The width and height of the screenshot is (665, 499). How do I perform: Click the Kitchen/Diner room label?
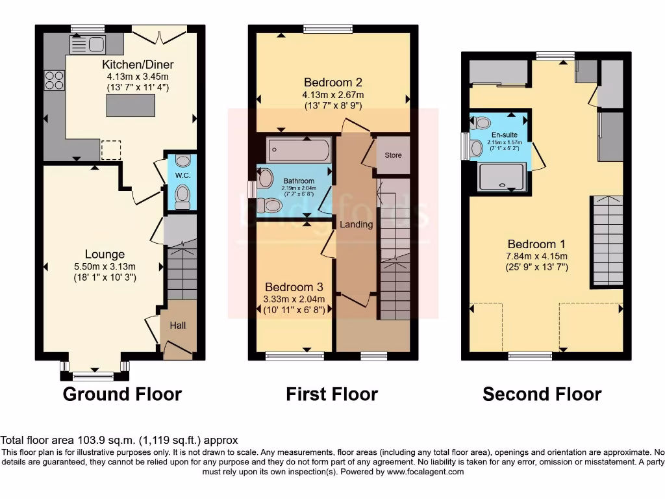138,65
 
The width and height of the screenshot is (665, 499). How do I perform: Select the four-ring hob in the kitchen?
54,81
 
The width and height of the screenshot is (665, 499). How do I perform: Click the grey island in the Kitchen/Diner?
131,105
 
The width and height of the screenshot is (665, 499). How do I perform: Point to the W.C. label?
182,176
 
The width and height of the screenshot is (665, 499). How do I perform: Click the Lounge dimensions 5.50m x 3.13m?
104,266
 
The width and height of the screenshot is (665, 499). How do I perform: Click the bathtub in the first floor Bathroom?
299,150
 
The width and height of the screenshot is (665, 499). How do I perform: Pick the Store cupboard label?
393,155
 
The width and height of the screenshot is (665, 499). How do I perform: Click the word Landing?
357,224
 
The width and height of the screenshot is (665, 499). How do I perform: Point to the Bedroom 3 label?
294,287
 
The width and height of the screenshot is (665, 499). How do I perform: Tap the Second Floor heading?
542,394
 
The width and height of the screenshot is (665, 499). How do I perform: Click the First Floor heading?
332,394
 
